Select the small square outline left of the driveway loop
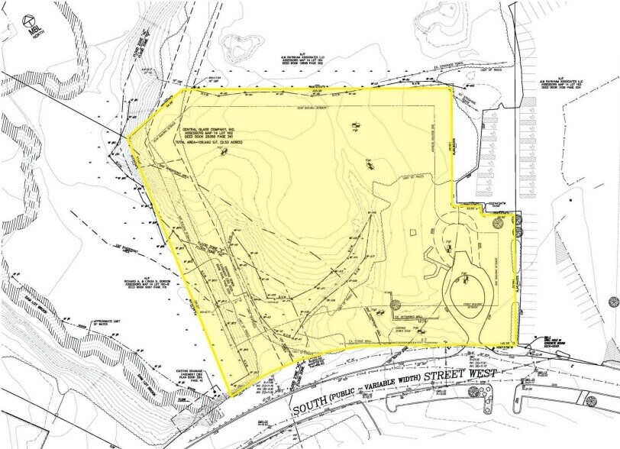(x=413, y=232)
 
